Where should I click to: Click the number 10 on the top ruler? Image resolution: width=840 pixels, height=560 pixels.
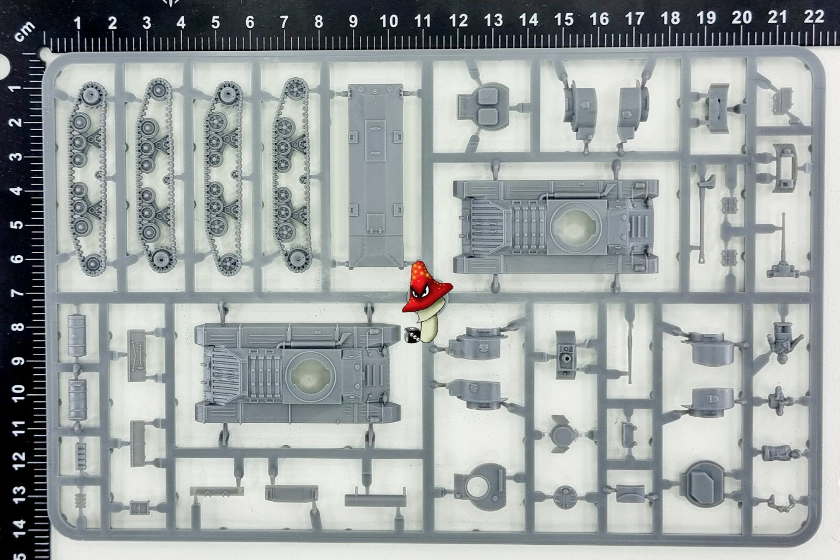(x=388, y=22)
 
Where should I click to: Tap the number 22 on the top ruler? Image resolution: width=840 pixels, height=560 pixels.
(x=814, y=16)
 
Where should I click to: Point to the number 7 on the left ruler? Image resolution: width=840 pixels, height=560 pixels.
(x=16, y=292)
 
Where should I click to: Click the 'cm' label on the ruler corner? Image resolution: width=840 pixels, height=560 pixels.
(x=25, y=31)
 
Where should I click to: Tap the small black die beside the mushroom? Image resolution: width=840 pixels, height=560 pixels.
(x=412, y=335)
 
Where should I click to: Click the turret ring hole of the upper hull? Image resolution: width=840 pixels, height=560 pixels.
(x=575, y=226)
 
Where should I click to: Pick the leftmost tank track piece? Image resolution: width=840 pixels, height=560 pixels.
(x=88, y=179)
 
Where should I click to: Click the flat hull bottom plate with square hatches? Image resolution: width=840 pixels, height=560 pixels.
(x=376, y=176)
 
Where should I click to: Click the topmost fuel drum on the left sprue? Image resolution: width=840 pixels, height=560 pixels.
(x=77, y=335)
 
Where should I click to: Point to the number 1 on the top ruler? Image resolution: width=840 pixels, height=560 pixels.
(x=78, y=23)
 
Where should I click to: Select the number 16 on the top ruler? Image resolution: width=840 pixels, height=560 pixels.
(x=599, y=19)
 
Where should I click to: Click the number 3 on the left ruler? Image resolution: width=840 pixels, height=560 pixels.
(x=16, y=156)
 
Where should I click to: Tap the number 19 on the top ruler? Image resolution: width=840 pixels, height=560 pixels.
(x=706, y=18)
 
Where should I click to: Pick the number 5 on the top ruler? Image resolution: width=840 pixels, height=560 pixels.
(x=215, y=23)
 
